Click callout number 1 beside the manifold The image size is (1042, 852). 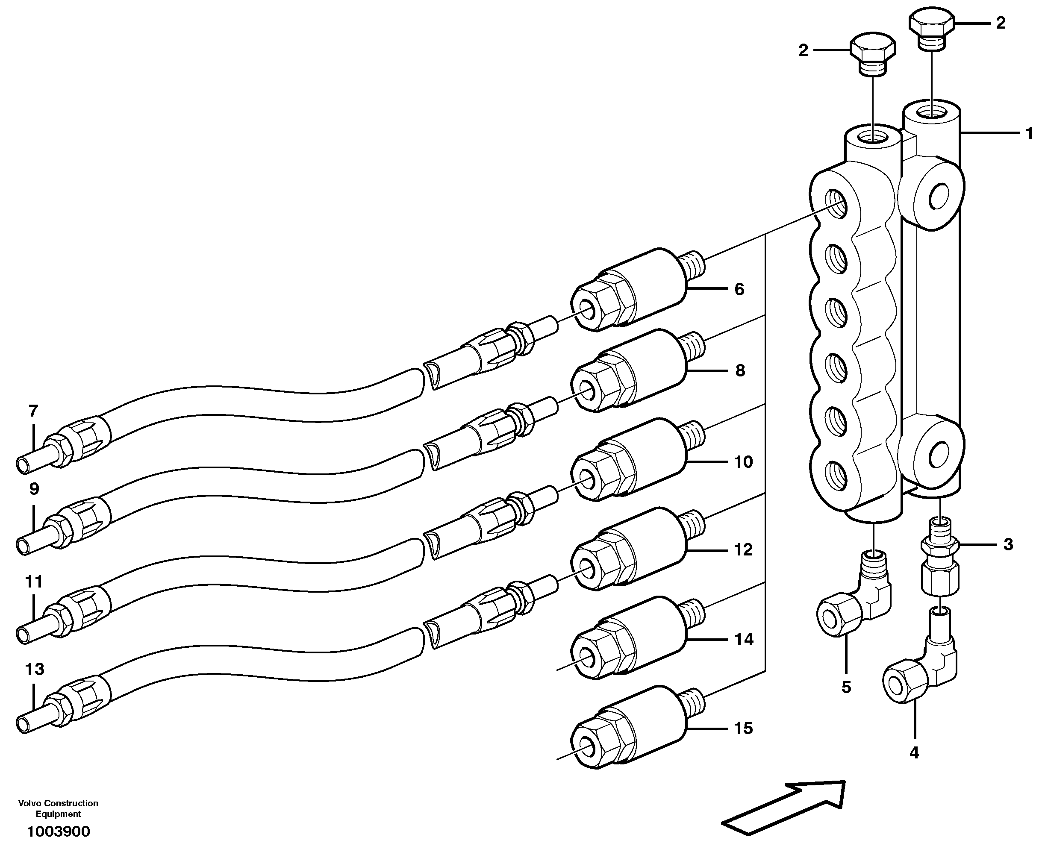click(1029, 133)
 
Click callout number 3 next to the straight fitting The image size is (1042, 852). click(1008, 544)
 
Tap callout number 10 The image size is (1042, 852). click(743, 462)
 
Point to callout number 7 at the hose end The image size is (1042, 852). click(33, 410)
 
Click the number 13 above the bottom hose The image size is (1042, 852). click(34, 669)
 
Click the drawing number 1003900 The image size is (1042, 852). click(59, 831)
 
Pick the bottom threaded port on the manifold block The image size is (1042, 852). click(836, 475)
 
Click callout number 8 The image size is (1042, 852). click(740, 370)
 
